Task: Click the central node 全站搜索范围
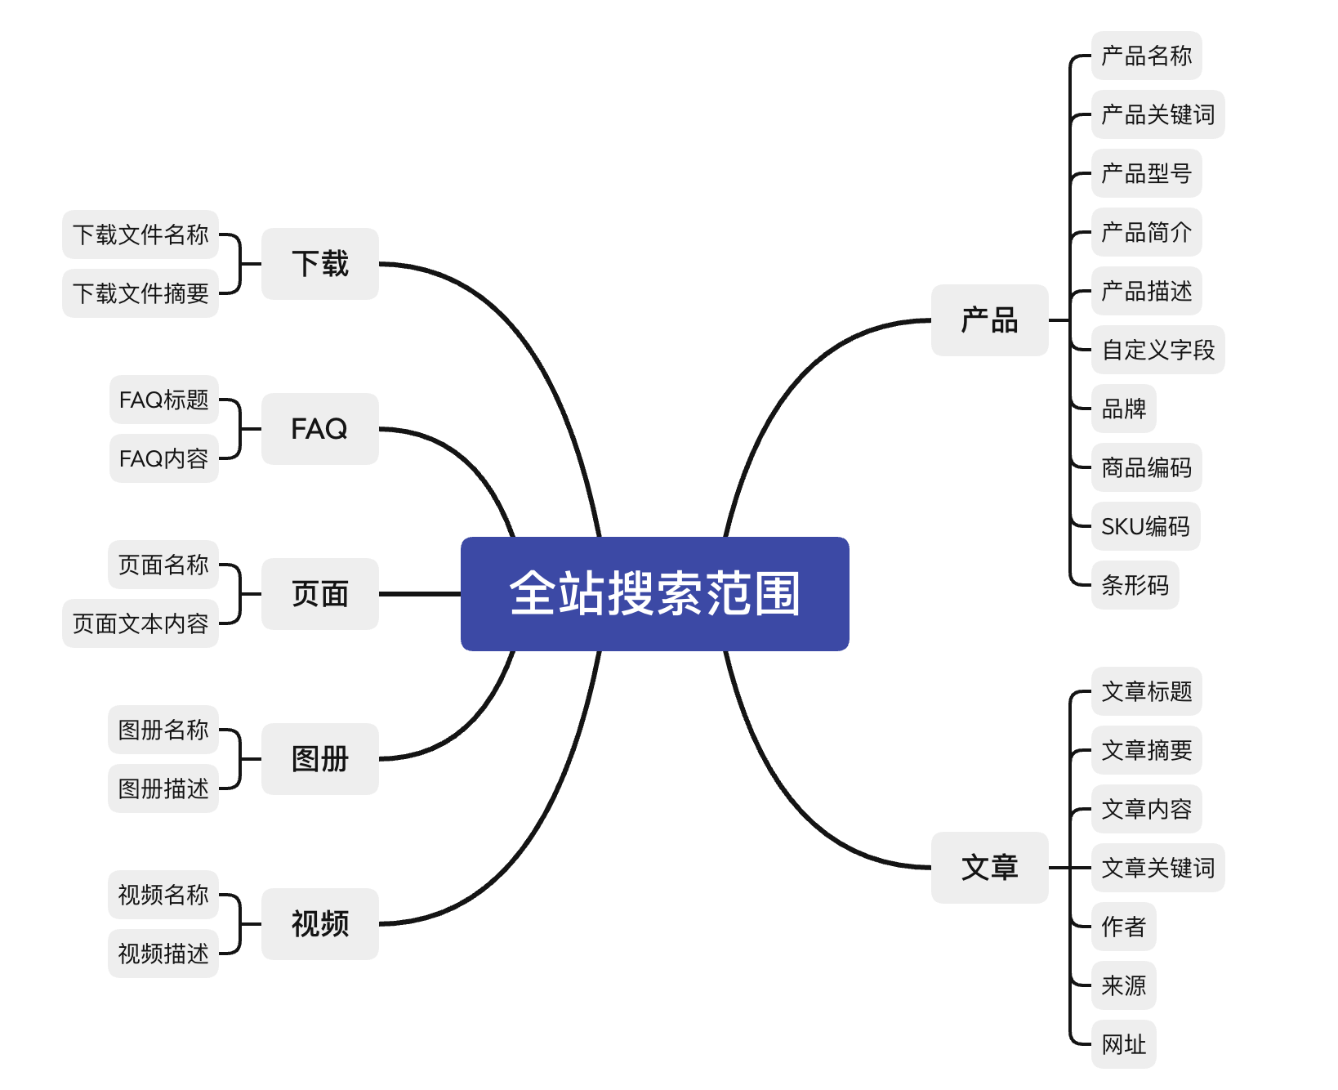654,594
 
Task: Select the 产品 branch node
989,320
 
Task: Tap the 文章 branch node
989,868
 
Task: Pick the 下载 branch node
319,264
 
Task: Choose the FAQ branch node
319,429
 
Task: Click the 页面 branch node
319,594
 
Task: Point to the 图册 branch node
319,759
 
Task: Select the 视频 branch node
319,924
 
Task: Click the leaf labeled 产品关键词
1157,114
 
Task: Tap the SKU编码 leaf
1145,526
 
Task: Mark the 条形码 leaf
1135,585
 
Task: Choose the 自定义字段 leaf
1157,350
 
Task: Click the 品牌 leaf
1123,409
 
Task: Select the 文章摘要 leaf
1146,750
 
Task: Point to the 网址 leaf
1123,1044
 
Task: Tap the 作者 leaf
1123,927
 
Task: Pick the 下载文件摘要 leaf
140,293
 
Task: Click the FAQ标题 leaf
163,400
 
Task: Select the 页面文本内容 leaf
140,623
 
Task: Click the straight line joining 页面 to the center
420,594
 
